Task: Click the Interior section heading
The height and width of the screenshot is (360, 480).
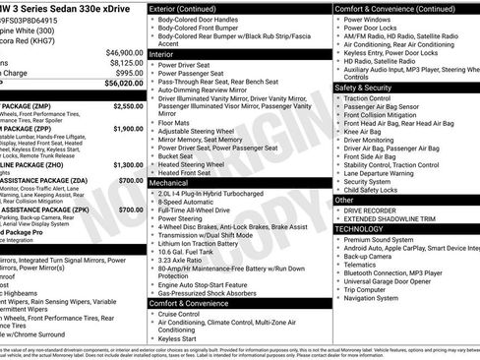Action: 162,55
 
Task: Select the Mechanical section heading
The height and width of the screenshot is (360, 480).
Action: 170,183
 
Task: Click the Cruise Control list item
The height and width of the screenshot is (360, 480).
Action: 190,315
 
